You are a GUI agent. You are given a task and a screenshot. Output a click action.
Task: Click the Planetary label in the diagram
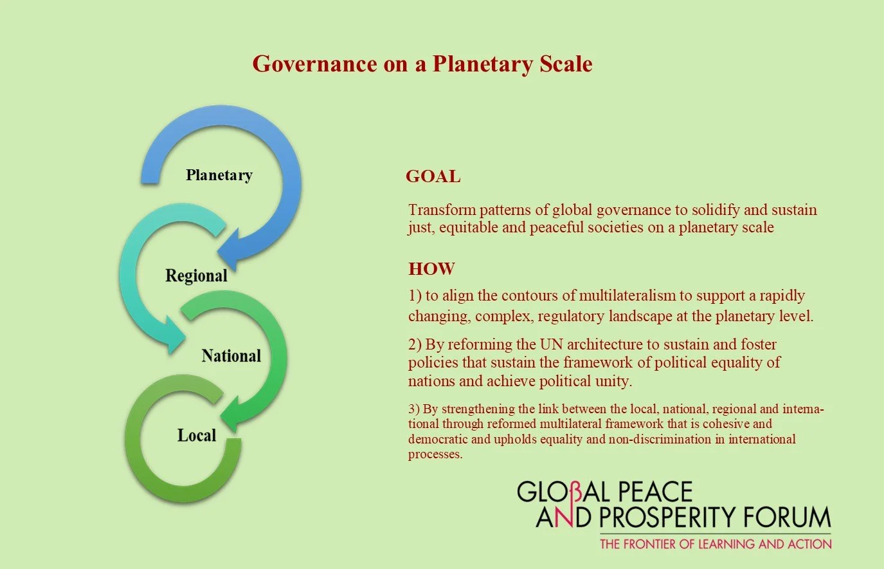click(x=219, y=175)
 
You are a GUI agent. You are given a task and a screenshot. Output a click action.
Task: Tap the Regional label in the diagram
click(x=196, y=275)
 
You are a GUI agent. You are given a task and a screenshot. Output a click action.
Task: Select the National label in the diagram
click(x=231, y=356)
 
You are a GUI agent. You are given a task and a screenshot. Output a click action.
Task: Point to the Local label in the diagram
click(x=196, y=436)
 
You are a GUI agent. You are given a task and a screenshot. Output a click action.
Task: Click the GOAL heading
click(x=433, y=176)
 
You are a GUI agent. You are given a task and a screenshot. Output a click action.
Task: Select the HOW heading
click(x=431, y=268)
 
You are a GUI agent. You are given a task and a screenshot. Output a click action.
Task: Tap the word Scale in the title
click(x=566, y=64)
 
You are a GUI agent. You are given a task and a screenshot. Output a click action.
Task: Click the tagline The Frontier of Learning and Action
click(x=715, y=544)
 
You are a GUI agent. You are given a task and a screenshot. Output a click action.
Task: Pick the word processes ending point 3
click(x=435, y=454)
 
